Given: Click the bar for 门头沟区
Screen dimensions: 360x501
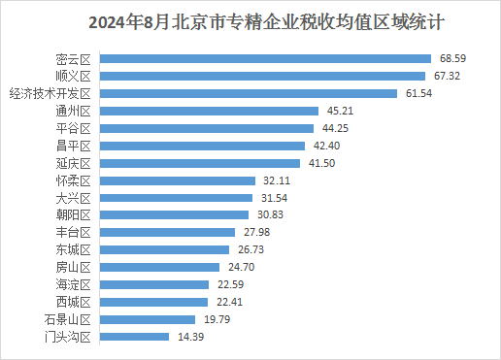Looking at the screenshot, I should pos(136,337).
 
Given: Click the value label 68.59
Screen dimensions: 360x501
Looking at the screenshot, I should pos(452,59).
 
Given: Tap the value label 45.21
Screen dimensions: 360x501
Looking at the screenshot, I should pos(340,111).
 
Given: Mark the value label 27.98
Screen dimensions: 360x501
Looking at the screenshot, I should pos(257,232).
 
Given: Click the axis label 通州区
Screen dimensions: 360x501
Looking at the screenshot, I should pos(74,111).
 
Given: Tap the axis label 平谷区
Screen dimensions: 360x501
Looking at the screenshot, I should pos(74,128).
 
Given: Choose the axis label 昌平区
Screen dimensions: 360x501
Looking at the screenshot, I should pos(74,146).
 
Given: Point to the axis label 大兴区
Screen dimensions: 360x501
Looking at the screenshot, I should pos(74,198).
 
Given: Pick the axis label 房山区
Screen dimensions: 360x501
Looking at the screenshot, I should pos(74,267).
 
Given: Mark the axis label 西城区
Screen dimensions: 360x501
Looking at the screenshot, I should pos(74,302).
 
